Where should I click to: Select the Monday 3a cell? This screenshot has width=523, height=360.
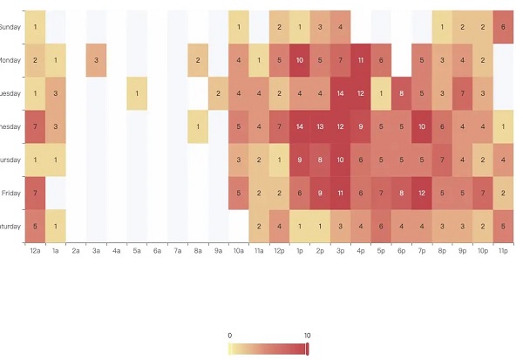click(x=96, y=60)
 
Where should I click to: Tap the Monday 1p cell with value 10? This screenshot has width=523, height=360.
click(x=299, y=60)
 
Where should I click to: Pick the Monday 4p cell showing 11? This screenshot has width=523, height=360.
click(x=361, y=60)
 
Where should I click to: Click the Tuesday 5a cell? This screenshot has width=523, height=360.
click(x=137, y=93)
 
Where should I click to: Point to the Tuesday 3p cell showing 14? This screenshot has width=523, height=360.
click(x=340, y=93)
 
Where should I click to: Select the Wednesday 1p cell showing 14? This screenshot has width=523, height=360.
click(x=299, y=126)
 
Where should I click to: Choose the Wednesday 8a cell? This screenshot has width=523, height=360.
click(x=198, y=126)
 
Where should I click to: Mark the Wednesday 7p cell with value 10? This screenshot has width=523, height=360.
click(x=422, y=126)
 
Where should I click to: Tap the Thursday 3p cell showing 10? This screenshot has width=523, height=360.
click(x=340, y=160)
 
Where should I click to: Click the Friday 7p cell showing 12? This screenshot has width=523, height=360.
click(x=422, y=193)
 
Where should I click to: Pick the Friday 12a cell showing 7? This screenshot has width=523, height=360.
click(x=35, y=193)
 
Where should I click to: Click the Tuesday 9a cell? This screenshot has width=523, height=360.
click(x=218, y=93)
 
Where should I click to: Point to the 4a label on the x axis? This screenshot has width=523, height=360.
click(x=116, y=250)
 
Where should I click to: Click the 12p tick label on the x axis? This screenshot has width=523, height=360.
click(x=279, y=250)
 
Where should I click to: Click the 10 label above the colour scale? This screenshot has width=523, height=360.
click(x=307, y=335)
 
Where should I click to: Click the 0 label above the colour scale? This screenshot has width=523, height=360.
click(x=229, y=335)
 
